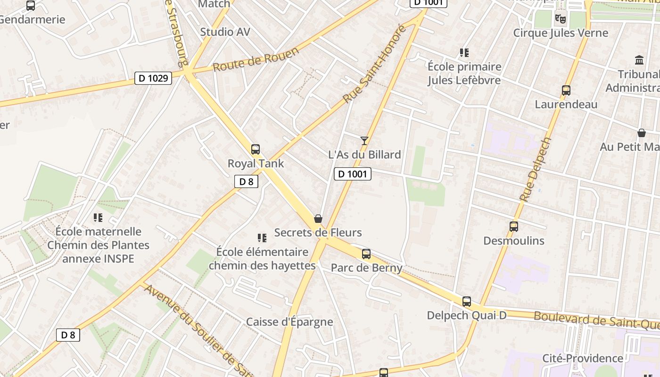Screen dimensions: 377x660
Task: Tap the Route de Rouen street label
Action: click(256, 60)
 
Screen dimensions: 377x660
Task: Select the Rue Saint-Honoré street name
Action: click(375, 65)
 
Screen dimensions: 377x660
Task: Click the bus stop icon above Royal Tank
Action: click(256, 149)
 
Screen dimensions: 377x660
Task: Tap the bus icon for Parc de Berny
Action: click(366, 254)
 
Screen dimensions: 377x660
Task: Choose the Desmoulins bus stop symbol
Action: click(514, 227)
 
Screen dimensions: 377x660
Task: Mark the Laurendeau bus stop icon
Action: click(566, 90)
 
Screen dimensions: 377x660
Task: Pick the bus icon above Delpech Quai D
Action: click(467, 301)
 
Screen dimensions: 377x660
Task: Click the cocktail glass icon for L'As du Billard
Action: click(364, 140)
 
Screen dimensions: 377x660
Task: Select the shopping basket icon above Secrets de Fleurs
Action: click(318, 219)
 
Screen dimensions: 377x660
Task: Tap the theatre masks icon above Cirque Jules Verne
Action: click(560, 18)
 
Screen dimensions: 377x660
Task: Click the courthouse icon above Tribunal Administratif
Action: click(640, 60)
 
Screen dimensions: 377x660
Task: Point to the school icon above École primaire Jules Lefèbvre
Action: click(464, 52)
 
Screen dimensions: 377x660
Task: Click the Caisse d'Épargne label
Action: click(289, 322)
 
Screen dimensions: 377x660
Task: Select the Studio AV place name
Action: click(225, 32)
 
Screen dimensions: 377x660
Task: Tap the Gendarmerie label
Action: click(32, 20)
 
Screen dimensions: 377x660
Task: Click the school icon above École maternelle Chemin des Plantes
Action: click(98, 217)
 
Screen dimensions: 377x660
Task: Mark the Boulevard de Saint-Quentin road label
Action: click(596, 320)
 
